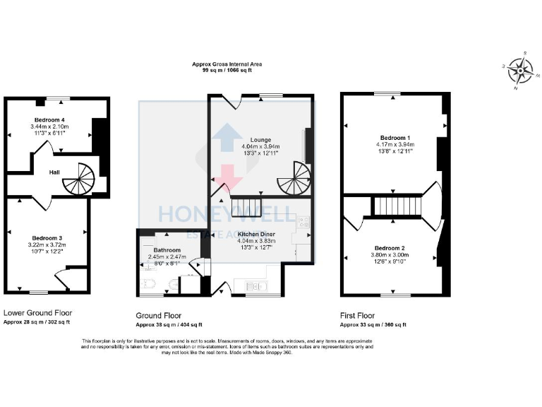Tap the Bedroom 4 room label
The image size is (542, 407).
[x=48, y=120]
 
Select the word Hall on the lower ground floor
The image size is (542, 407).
[x=54, y=172]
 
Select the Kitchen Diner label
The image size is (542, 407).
[x=255, y=233]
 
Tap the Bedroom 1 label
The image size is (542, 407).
[x=394, y=137]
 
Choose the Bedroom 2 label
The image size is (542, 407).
[x=389, y=248]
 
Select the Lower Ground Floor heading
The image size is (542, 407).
[x=37, y=312]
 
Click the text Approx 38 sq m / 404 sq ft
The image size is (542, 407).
[x=169, y=325]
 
